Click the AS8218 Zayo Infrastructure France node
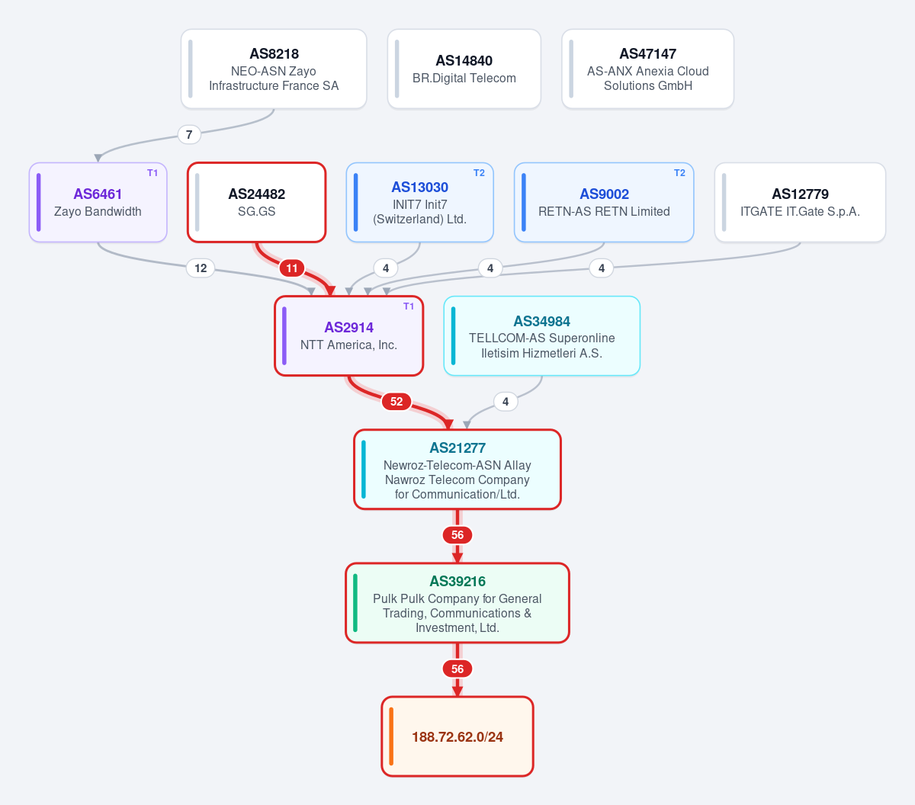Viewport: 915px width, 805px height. tap(274, 69)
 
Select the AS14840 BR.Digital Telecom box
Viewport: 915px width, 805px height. tap(464, 69)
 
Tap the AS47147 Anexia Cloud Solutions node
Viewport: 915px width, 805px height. tap(647, 69)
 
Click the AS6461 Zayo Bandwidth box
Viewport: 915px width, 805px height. tap(98, 202)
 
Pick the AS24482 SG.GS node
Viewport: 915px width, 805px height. tap(256, 202)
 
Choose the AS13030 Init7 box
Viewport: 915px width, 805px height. tap(419, 202)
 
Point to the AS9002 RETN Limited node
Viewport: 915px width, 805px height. tap(604, 202)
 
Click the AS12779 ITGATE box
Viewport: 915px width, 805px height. tap(800, 202)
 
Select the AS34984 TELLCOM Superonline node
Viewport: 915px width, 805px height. tap(541, 336)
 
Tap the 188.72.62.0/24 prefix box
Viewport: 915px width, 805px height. tap(457, 736)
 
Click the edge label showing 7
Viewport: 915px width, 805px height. tap(189, 134)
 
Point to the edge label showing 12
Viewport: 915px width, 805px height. tap(201, 268)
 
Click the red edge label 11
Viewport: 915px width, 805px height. tap(292, 268)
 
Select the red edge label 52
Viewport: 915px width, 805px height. tap(396, 402)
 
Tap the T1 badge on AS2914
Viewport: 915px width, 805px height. tap(409, 306)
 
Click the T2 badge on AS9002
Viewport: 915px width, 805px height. tap(679, 173)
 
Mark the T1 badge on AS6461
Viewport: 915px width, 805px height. tap(152, 173)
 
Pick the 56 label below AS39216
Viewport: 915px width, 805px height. tap(457, 669)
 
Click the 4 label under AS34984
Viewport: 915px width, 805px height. tap(506, 402)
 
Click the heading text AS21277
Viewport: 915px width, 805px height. tap(457, 448)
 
